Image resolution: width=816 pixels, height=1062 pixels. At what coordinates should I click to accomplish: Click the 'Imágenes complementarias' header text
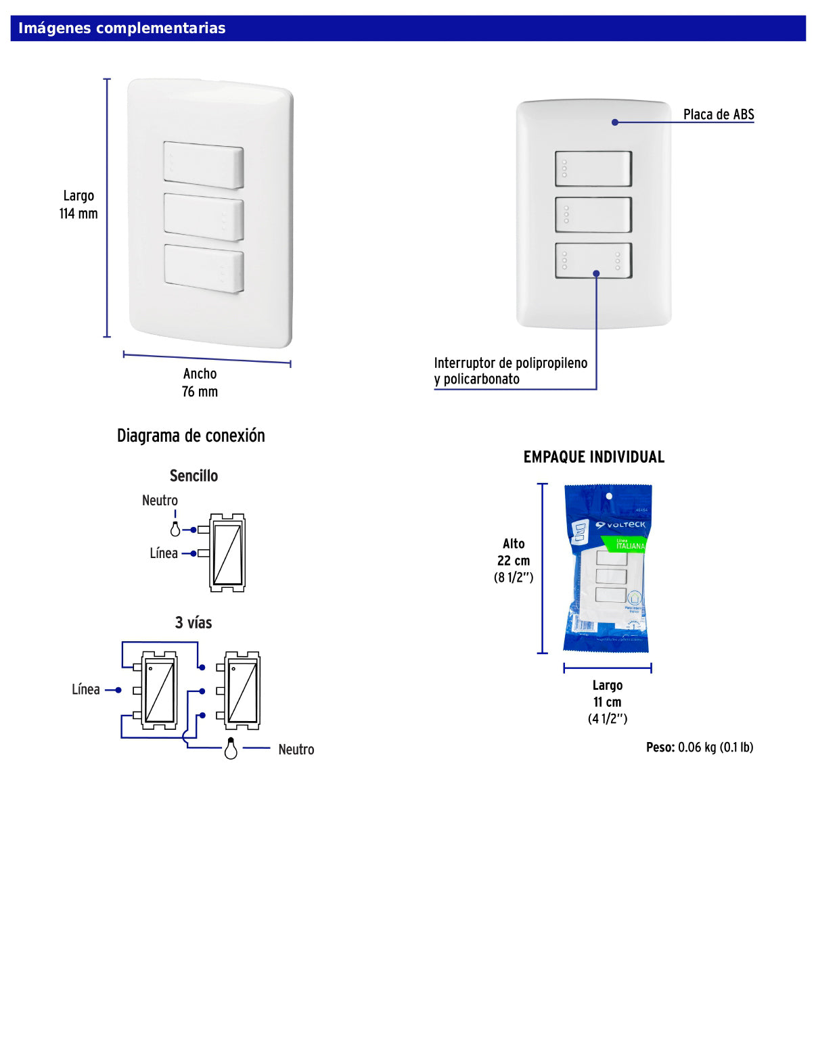coord(122,28)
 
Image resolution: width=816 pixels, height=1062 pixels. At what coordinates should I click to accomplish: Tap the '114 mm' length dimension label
coord(78,214)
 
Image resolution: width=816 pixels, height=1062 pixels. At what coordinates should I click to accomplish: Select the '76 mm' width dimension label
coord(200,392)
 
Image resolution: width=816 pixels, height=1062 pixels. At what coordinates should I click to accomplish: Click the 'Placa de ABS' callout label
coord(718,114)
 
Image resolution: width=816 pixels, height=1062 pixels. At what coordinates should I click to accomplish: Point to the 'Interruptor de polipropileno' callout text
coord(510,363)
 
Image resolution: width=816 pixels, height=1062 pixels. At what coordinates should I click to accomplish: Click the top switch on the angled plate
coord(203,164)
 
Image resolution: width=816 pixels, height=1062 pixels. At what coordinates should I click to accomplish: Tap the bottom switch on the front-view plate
coord(593,260)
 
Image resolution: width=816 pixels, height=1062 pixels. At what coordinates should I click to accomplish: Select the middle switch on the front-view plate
coord(593,215)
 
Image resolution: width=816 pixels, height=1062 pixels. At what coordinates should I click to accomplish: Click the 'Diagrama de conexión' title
coord(191,436)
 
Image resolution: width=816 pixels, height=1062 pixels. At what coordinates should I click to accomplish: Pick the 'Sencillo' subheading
coord(194,476)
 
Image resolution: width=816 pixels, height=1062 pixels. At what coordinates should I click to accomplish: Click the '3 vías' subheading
coord(194,622)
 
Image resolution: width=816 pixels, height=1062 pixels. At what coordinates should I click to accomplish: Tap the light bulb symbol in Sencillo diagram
coord(175,529)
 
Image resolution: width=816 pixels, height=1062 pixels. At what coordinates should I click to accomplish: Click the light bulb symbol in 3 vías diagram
coord(231,749)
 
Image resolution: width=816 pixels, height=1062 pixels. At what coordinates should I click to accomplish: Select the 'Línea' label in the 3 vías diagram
coord(86,689)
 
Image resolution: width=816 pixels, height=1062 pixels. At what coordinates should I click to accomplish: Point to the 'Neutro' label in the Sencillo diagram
coord(160,501)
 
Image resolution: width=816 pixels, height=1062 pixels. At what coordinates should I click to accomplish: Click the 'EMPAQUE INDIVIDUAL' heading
coord(593,457)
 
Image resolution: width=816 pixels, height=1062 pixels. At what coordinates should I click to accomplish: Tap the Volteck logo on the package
coord(620,525)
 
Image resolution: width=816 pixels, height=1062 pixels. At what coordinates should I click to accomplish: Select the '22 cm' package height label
coord(514,561)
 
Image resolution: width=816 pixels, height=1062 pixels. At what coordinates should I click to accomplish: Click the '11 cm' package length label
coord(607,702)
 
